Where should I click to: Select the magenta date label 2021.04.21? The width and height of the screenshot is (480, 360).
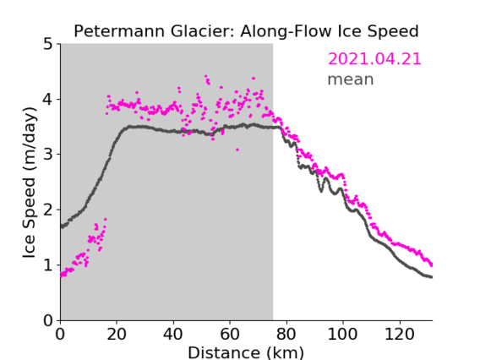point(374,59)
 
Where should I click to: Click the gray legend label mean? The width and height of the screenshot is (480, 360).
point(351,79)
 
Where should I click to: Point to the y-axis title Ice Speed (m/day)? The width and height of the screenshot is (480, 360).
point(30,183)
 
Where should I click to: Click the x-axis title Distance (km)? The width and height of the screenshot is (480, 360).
point(246,352)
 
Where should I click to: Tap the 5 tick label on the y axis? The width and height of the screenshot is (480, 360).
point(48,44)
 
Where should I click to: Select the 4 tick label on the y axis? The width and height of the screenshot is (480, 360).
point(48,100)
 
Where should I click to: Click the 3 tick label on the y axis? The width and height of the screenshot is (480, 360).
point(48,155)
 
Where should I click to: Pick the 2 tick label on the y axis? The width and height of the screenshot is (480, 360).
point(48,210)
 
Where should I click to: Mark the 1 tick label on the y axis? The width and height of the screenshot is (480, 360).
point(48,265)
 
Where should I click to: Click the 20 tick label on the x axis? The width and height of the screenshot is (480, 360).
point(117,334)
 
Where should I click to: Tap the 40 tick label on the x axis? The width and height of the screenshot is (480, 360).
point(173,334)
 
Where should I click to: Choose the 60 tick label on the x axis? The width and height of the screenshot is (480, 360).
point(230,334)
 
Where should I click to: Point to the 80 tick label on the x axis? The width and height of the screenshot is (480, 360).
point(286,334)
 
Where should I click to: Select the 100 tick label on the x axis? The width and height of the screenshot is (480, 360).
point(342,334)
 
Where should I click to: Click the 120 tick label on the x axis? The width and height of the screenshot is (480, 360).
point(400,334)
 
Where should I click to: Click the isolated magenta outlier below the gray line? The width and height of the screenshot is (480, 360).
point(237,150)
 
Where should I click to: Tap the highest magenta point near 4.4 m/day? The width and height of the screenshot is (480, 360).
point(205,76)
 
